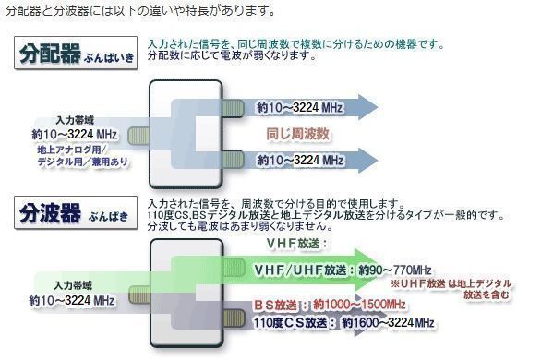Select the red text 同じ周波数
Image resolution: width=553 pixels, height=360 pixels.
click(297, 134)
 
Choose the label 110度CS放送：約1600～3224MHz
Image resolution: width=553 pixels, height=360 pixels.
click(344, 322)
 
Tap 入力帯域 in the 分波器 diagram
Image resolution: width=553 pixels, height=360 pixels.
click(70, 285)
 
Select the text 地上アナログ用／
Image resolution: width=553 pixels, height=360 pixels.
click(73, 149)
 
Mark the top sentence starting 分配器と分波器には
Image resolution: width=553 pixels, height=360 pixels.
click(139, 11)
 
